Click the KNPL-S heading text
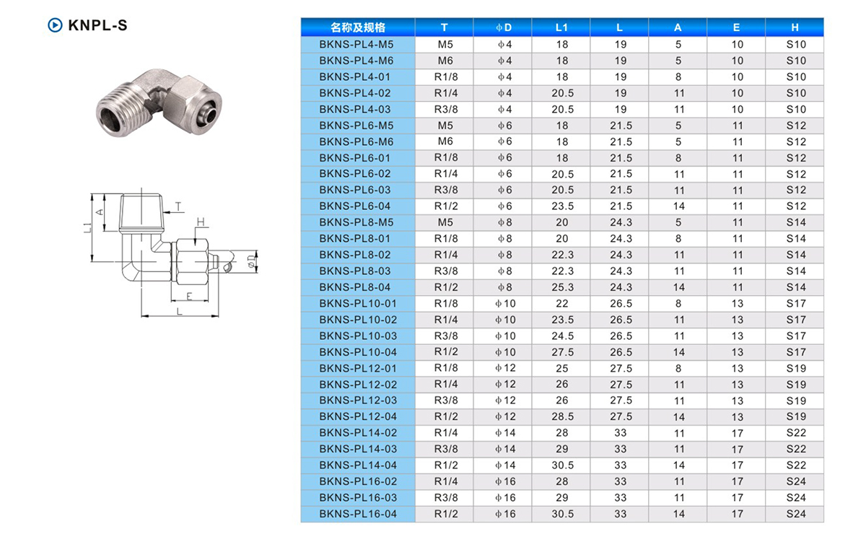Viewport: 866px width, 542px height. [x=97, y=25]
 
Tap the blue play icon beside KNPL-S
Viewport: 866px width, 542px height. [x=55, y=25]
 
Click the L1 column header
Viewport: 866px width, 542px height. [x=561, y=27]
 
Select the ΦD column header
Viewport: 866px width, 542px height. [x=504, y=27]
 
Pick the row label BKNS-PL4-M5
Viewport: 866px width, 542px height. [x=356, y=45]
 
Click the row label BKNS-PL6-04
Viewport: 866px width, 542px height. [x=355, y=206]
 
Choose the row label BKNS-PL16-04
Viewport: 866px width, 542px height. [x=358, y=514]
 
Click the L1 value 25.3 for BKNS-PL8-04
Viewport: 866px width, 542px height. [x=562, y=287]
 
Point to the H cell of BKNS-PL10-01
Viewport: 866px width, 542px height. [x=796, y=303]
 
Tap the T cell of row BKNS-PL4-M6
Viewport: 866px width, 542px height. [x=445, y=61]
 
